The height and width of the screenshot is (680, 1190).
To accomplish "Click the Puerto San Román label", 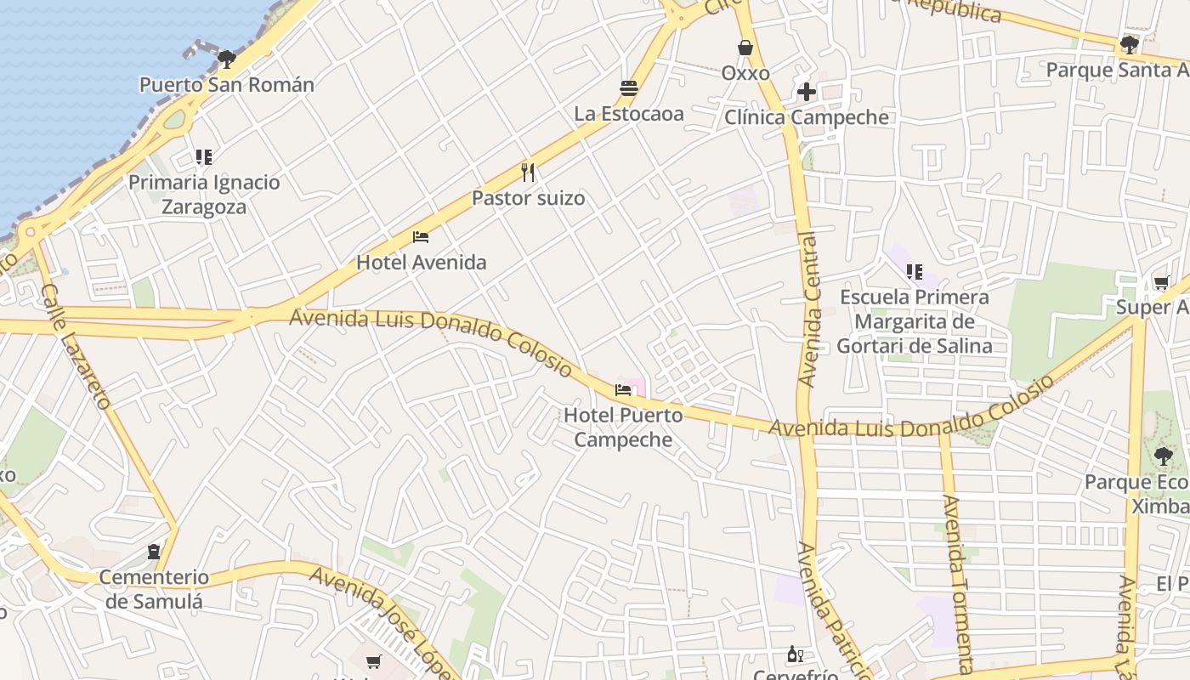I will click(226, 85).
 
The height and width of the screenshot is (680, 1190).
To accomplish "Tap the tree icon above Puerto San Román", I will click(226, 59).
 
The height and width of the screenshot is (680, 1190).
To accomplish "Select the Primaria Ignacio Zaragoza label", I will click(204, 195).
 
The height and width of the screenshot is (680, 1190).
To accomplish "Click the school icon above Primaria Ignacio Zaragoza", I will click(203, 156).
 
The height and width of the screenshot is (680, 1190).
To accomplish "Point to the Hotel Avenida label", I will click(421, 263).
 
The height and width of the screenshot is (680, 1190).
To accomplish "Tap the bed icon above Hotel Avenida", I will click(421, 237).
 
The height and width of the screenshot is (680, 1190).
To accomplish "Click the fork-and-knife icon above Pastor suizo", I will click(528, 173).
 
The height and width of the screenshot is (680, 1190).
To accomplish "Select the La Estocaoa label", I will click(629, 114).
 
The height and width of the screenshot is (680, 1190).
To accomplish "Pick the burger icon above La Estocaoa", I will click(629, 88).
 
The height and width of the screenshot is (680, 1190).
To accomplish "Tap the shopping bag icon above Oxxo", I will click(745, 48).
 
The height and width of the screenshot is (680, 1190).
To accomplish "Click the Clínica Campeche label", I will click(807, 117).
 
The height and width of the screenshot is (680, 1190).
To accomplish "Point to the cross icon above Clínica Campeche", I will click(807, 92).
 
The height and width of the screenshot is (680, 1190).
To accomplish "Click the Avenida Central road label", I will click(810, 309).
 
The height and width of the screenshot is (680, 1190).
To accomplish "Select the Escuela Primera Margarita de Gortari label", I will click(915, 322).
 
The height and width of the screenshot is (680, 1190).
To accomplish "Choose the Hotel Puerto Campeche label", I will click(623, 428).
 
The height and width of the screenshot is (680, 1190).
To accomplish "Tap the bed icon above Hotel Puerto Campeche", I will click(623, 390).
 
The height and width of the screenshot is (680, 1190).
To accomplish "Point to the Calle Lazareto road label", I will click(76, 346).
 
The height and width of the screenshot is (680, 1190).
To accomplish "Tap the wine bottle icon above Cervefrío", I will click(796, 654).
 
